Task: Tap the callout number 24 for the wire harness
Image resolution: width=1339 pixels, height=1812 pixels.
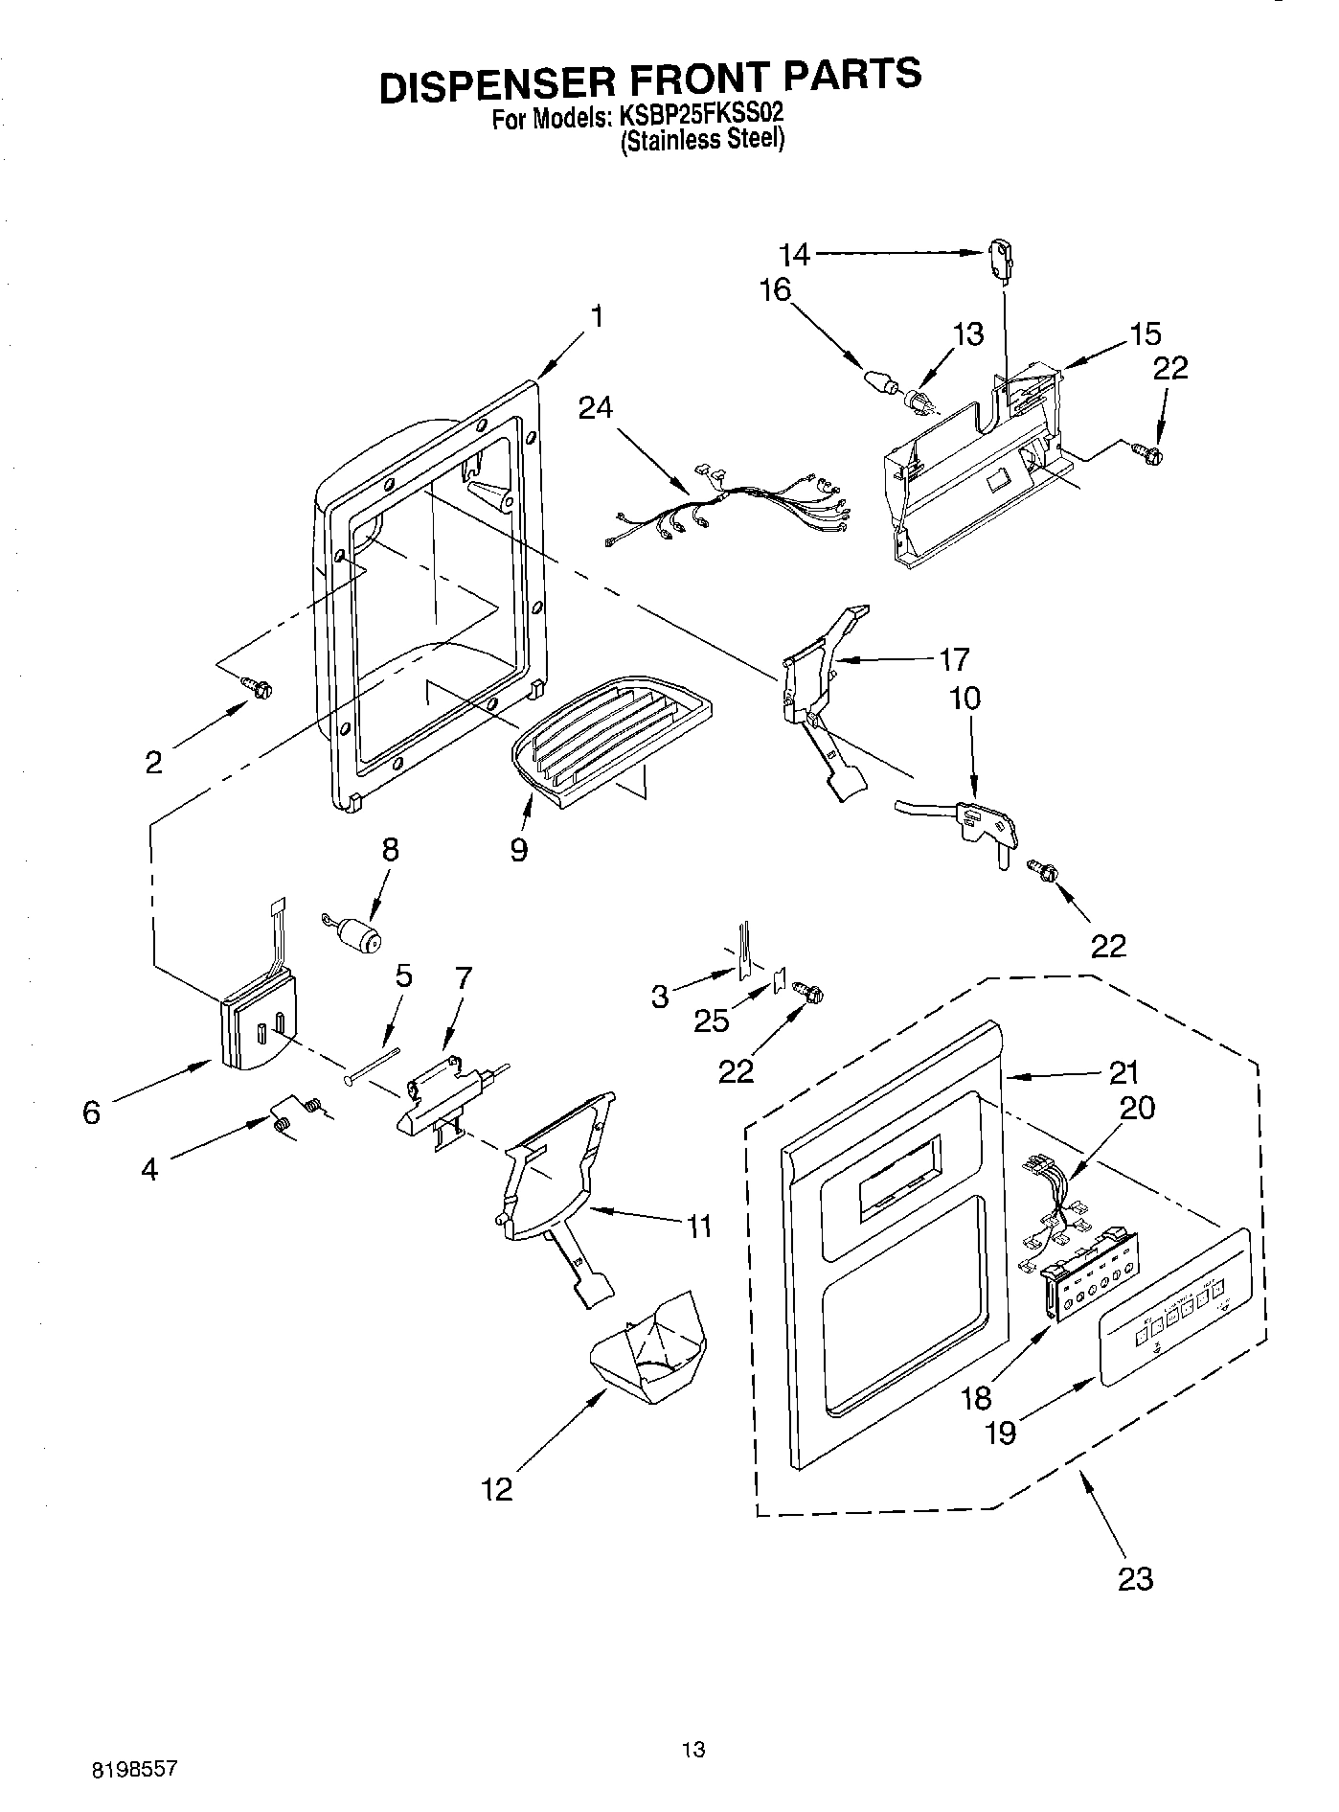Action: pyautogui.click(x=596, y=408)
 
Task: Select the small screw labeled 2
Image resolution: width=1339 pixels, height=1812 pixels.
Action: pyautogui.click(x=259, y=686)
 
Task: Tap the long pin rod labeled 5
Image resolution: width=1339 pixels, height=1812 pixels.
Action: pyautogui.click(x=374, y=1066)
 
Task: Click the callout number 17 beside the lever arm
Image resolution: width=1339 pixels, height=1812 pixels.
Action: pyautogui.click(x=954, y=659)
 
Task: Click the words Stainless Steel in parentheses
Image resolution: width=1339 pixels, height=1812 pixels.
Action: pyautogui.click(x=703, y=140)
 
